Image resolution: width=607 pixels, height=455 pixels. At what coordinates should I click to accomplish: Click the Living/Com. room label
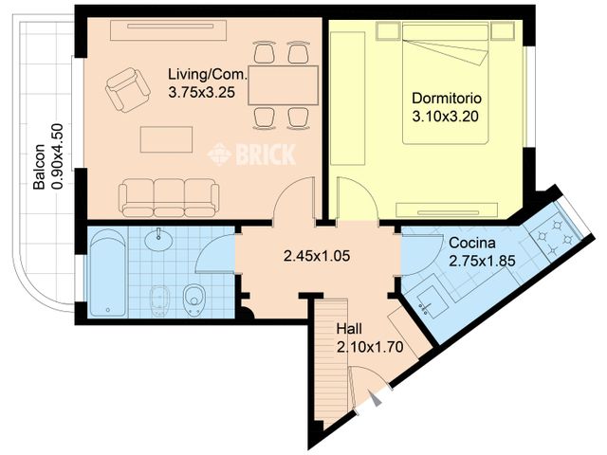click(208, 74)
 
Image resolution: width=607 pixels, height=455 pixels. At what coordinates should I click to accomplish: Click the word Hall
click(348, 328)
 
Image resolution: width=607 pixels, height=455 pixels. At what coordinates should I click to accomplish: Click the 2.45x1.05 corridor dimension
click(318, 254)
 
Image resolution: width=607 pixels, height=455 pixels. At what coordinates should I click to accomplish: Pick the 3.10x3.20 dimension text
click(446, 117)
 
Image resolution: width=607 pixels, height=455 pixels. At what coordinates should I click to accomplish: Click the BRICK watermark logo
click(251, 153)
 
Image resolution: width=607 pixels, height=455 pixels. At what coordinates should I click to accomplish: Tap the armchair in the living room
click(127, 89)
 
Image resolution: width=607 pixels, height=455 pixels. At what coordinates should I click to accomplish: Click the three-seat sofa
click(169, 197)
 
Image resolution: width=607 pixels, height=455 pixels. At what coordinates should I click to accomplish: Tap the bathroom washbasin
click(157, 244)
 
